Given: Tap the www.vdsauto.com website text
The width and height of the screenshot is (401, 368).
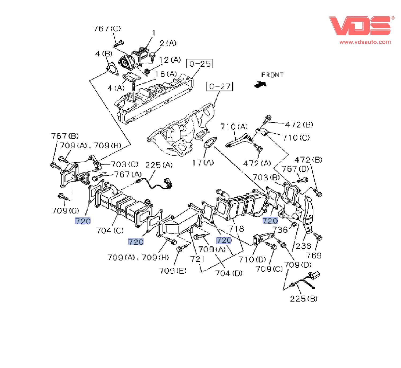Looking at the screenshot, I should (365, 42).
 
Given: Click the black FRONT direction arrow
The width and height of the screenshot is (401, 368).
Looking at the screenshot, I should (260, 84).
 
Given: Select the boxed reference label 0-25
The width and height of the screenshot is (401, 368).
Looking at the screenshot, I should (200, 64).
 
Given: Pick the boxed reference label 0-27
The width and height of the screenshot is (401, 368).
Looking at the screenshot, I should (220, 86).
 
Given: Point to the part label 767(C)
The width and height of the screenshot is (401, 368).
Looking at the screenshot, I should (107, 28).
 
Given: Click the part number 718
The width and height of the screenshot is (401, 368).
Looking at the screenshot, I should (236, 228).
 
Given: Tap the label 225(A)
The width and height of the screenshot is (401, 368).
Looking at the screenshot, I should (159, 165).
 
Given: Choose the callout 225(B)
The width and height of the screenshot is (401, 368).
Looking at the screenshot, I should (304, 298).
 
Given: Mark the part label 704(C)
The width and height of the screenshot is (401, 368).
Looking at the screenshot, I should (110, 230).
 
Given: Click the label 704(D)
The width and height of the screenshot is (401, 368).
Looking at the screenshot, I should (229, 273).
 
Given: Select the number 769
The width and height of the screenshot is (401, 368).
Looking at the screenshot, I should (314, 255).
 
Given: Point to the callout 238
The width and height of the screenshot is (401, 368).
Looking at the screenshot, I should (303, 246).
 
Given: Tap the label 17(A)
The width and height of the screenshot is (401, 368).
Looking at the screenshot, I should (203, 163).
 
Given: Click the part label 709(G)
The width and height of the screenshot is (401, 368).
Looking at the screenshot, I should (65, 211).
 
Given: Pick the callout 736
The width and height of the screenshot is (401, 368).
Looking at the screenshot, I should (280, 230).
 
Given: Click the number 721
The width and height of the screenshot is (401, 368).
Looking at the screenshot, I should (197, 259).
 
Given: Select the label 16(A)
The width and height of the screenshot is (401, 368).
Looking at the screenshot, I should (166, 74).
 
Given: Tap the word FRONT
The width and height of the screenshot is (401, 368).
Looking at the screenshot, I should (272, 75).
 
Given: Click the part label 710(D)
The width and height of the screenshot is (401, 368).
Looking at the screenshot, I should (252, 259).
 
